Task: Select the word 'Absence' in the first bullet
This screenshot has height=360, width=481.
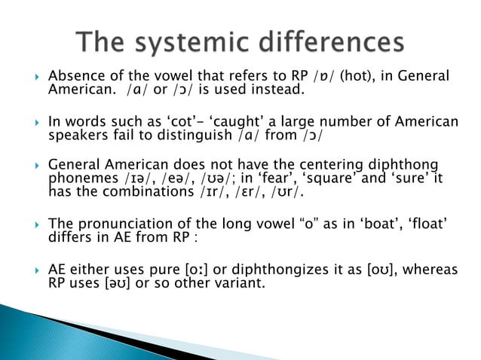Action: (x=75, y=77)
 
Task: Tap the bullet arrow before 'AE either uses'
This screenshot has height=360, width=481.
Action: (x=33, y=270)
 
